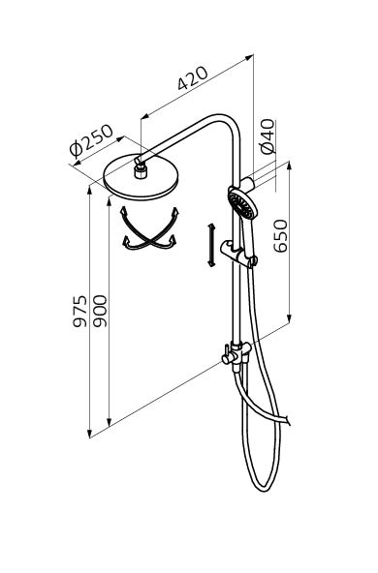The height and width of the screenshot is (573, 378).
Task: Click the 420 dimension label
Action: point(193,77)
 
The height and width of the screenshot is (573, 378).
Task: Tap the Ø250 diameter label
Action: point(91,141)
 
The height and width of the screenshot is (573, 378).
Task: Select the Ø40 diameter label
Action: point(267,136)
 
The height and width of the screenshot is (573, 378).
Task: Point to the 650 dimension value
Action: point(281,236)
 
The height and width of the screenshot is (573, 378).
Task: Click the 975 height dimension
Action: point(80,311)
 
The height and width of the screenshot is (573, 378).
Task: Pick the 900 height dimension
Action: point(100,311)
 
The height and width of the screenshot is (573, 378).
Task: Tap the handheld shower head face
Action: point(239,204)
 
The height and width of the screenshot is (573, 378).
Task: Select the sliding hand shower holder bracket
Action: point(238,253)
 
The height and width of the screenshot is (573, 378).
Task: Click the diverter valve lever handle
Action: point(227,355)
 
